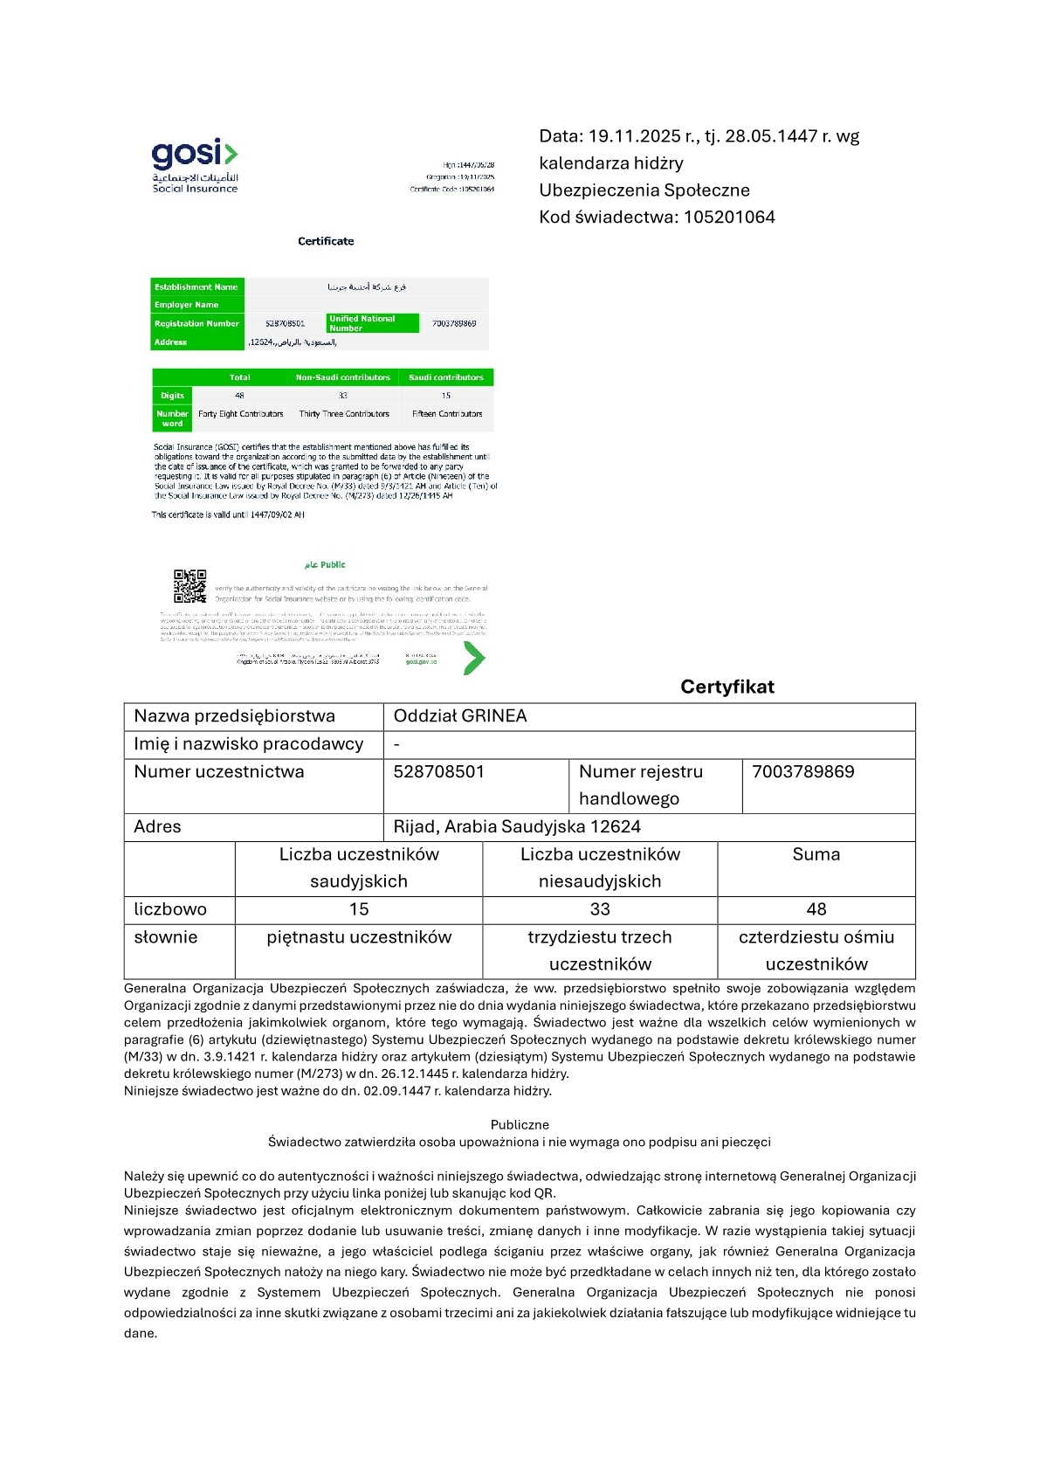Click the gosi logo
pos(195,165)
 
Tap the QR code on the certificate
pos(189,586)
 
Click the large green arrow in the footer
pos(472,659)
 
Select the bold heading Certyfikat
pos(727,687)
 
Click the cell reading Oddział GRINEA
pos(460,716)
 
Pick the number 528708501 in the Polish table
pos(438,772)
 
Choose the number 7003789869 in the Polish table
pos(802,772)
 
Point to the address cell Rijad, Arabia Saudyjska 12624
pos(517,827)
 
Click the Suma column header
pos(816,854)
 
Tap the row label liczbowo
pos(170,909)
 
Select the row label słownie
pos(166,937)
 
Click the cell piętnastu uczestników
pos(359,937)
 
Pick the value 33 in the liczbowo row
pos(600,909)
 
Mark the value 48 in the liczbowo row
pos(816,909)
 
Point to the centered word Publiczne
pos(520,1125)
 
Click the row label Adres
pos(158,827)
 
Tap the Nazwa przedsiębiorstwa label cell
pos(234,716)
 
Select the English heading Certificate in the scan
pos(326,241)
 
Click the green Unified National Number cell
pos(373,323)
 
